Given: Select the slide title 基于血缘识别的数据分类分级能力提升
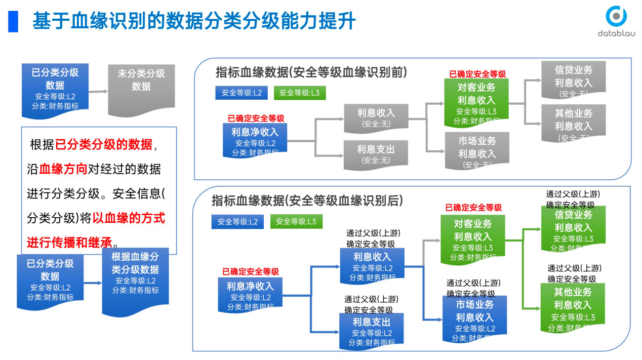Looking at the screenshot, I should coord(194,21).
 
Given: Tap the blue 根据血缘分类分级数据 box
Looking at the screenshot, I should coord(135,280).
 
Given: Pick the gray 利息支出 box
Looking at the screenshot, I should coord(376,154).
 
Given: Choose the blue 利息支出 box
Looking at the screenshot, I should coord(372,328).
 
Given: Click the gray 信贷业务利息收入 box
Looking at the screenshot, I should coord(573,79).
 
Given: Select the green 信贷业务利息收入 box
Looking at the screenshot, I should coord(573,228).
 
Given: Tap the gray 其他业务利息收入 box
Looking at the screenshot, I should coord(573,122).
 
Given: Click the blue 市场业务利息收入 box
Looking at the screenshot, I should coord(474,317).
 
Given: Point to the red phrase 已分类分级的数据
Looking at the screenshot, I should coord(103,145).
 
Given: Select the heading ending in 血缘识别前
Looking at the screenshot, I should coord(311,72).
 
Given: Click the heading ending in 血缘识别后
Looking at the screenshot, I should coord(307,201).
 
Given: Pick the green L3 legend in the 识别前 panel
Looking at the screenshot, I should coord(300,93).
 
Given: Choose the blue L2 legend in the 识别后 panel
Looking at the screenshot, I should coord(237,222).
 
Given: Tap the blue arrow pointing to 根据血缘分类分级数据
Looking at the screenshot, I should coord(93,283).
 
